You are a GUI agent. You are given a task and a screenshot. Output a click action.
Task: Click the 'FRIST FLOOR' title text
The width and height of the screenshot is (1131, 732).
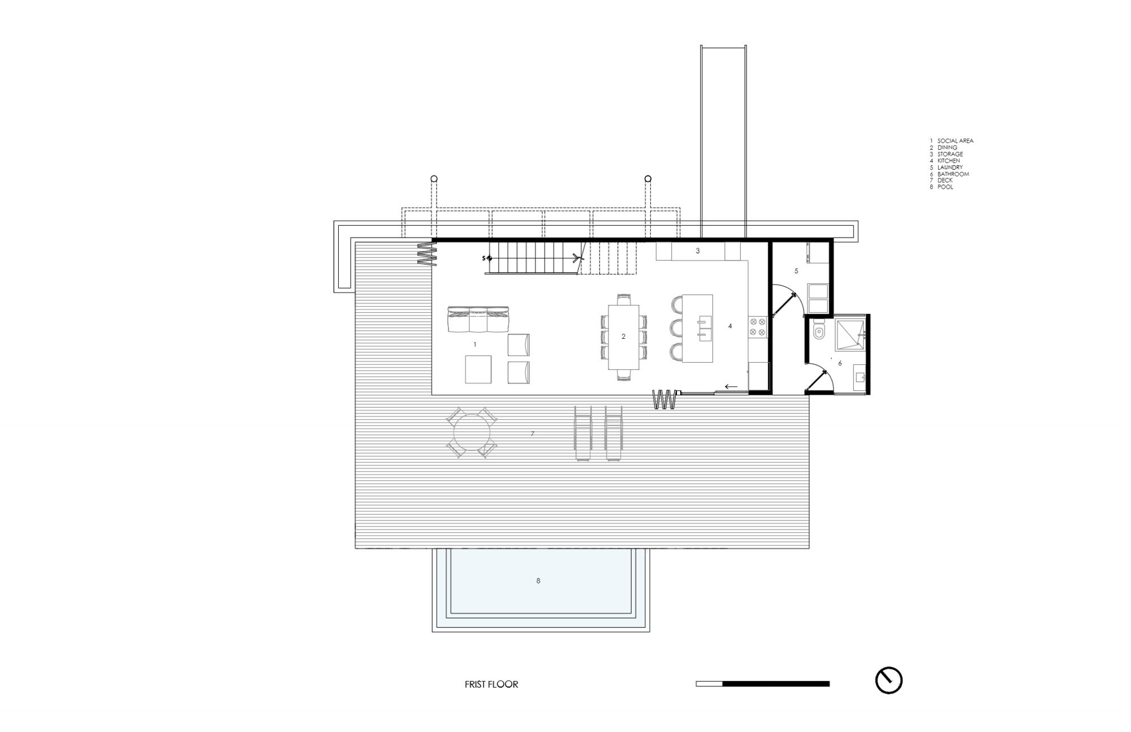click(x=491, y=684)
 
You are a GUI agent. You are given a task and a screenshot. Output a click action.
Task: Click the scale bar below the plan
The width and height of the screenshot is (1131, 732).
click(x=762, y=684)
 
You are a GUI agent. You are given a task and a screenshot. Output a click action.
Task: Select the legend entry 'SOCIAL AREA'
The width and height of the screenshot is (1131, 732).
click(x=955, y=141)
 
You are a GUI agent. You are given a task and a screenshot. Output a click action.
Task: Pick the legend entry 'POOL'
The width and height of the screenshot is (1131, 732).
click(x=945, y=187)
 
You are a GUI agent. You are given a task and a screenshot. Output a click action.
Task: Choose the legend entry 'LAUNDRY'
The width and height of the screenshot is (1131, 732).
click(x=949, y=167)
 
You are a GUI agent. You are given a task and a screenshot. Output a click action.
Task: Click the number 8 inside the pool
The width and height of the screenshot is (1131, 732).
click(x=538, y=581)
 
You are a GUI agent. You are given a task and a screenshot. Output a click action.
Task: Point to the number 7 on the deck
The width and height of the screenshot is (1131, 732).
click(x=532, y=434)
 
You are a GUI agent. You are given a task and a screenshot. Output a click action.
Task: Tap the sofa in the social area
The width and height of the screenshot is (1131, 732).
click(x=478, y=320)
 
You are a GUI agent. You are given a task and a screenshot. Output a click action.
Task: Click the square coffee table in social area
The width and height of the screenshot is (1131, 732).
click(x=478, y=369)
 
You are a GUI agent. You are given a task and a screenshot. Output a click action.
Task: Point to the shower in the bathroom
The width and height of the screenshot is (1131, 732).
click(x=850, y=335)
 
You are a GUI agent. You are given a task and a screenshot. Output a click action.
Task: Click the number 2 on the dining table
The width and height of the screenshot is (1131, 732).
click(x=623, y=337)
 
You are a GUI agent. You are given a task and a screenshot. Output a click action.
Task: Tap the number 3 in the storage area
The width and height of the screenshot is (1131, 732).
click(x=697, y=251)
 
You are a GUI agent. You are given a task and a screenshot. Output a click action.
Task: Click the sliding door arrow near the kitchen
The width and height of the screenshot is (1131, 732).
click(x=731, y=387)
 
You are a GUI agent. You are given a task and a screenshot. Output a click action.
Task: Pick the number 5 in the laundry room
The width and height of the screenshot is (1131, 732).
click(x=796, y=271)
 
